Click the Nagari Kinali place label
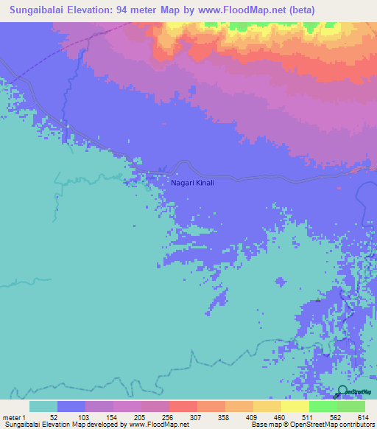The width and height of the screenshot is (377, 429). (192, 183)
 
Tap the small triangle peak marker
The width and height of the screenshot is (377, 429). (318, 300)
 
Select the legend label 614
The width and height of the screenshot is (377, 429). (362, 417)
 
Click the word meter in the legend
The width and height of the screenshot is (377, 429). (11, 417)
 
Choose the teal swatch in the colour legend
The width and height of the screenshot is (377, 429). (43, 406)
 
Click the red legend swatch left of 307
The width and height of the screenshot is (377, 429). (183, 406)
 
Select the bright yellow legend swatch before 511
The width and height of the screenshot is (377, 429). (295, 406)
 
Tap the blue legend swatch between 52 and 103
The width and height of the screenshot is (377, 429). (71, 406)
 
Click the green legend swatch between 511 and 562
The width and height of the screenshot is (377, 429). (323, 406)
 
